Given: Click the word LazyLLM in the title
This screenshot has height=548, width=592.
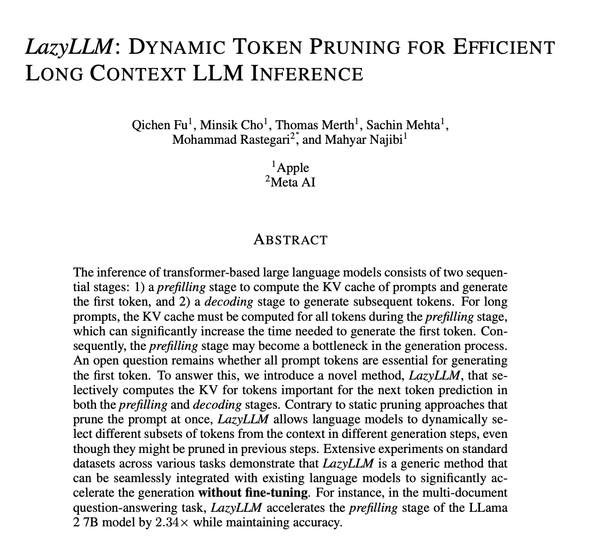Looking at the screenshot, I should coord(69,47).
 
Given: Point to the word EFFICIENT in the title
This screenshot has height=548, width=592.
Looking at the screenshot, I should coord(505,47).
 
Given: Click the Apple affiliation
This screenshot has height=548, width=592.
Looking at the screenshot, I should coord(292,167).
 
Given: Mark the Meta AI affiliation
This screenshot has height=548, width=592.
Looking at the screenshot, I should coord(292,181).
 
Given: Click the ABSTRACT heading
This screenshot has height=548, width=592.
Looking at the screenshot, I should coord(290,240).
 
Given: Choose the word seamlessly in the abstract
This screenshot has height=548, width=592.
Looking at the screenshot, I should coord(131,478).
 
